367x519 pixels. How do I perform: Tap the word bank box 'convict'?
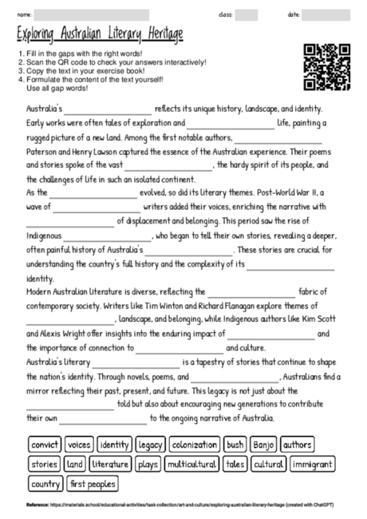[x=45, y=445]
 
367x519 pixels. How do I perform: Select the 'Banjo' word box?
[x=262, y=445]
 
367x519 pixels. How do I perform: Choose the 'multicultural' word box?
[x=192, y=464]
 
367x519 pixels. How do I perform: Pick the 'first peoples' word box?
[x=93, y=484]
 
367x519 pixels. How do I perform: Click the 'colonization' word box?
[x=194, y=445]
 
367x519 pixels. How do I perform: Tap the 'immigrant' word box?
[x=313, y=464]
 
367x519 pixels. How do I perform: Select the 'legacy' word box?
[x=150, y=445]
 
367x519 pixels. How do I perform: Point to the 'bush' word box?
[x=235, y=445]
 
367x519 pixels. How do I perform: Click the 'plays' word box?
[x=148, y=464]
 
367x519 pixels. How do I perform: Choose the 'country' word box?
[x=45, y=484]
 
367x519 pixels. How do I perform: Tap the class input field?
[x=246, y=15]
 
